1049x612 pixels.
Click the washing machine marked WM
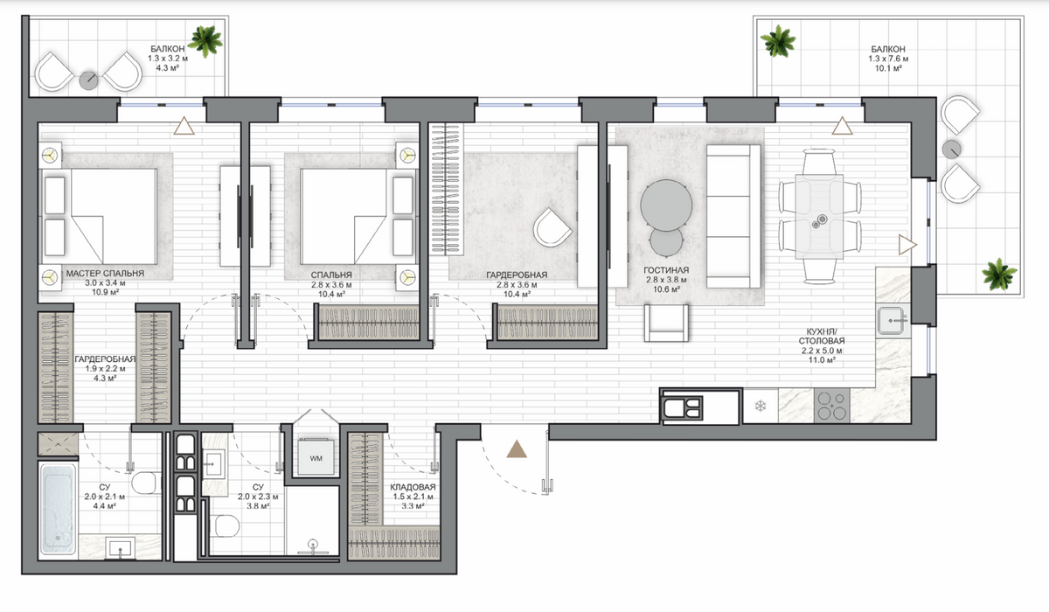(316, 457)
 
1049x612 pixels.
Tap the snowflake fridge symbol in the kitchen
(760, 406)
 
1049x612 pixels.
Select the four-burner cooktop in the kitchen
(831, 406)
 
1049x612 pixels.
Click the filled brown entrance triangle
(517, 449)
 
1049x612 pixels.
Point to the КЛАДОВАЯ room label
(413, 488)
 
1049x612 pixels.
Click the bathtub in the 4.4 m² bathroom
(58, 509)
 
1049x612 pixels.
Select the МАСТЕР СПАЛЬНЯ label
(106, 274)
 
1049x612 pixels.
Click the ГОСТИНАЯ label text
(666, 270)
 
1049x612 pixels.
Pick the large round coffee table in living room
(666, 205)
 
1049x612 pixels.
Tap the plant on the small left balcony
(205, 41)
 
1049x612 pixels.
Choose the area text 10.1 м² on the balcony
(888, 68)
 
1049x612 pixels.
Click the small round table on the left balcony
(88, 80)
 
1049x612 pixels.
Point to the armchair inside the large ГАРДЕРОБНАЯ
(552, 227)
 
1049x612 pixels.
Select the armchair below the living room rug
(666, 323)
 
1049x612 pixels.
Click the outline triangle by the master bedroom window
(184, 126)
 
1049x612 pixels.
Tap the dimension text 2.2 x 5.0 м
(822, 351)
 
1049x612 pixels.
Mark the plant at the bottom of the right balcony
(999, 275)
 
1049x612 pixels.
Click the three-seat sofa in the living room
(733, 216)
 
